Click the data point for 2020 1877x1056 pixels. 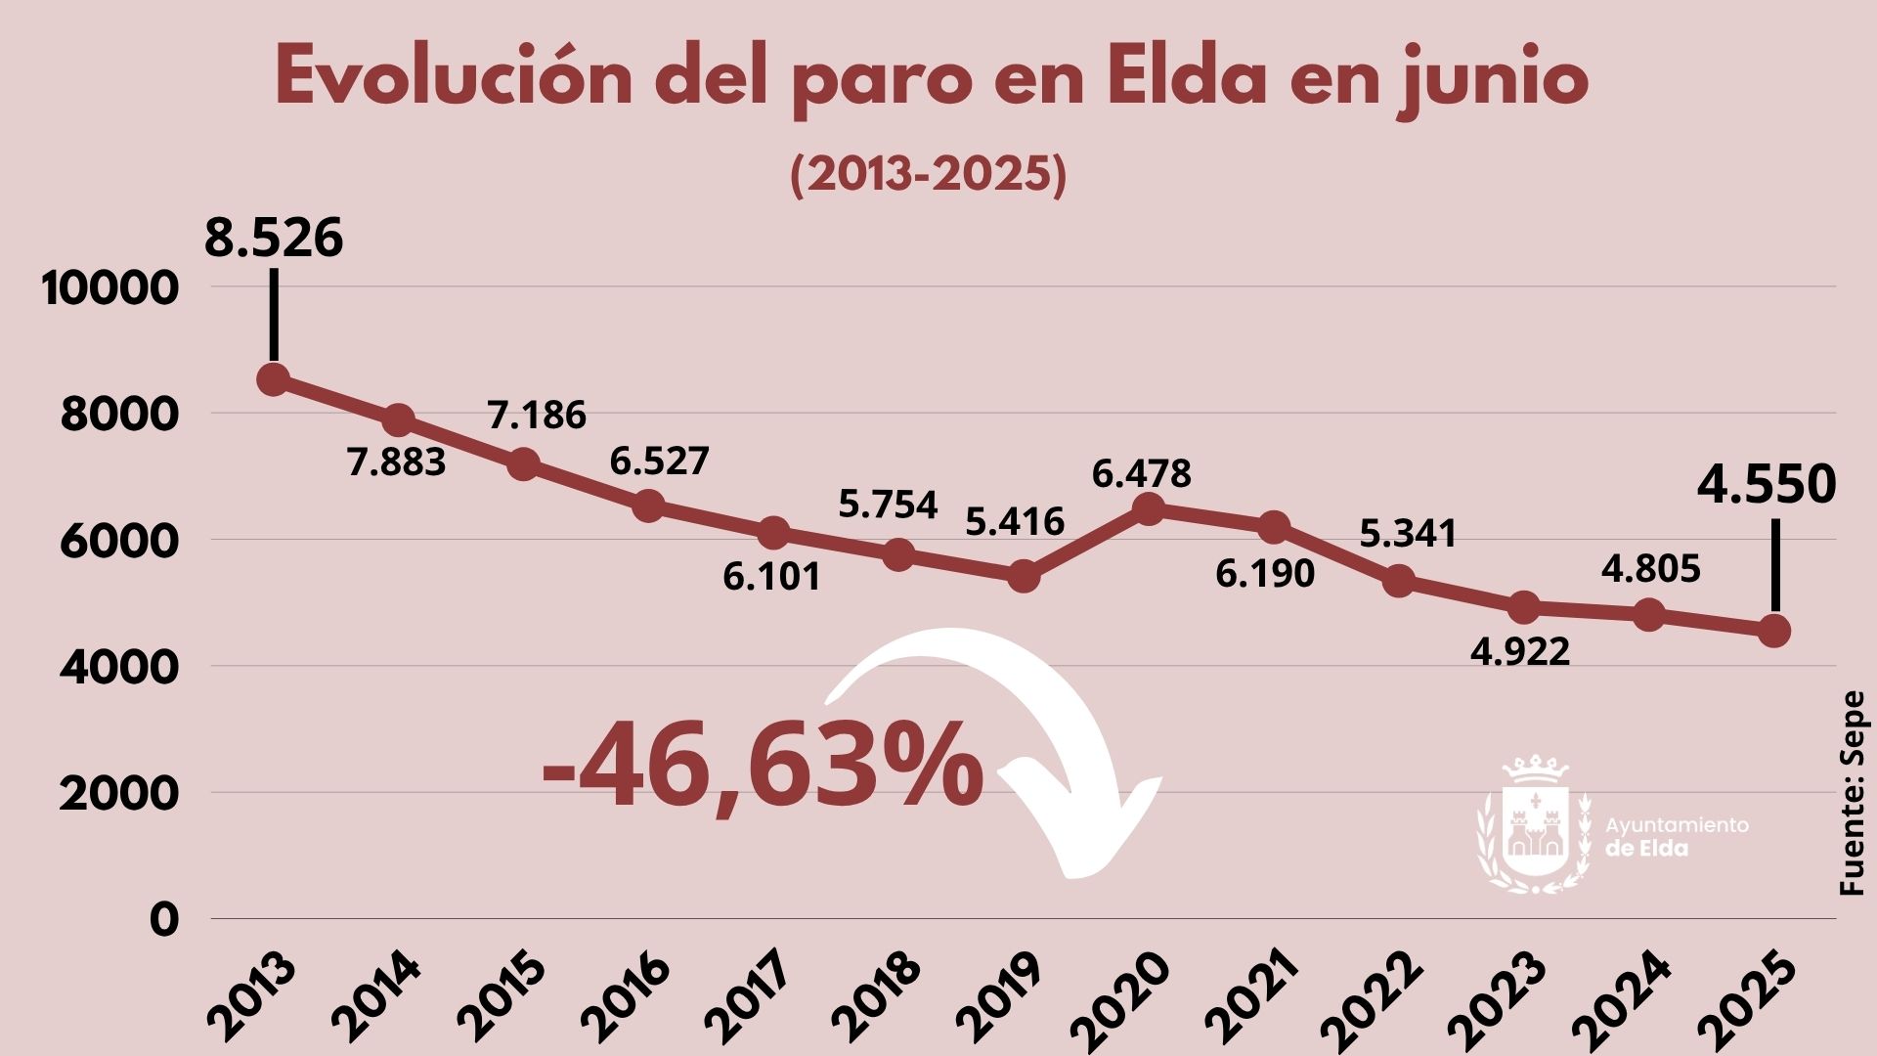[x=1149, y=508]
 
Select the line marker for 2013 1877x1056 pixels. [x=274, y=379]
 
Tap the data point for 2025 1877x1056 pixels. [x=1773, y=631]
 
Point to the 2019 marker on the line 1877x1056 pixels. [x=1024, y=576]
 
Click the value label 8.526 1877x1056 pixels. [x=274, y=239]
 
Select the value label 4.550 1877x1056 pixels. [x=1767, y=486]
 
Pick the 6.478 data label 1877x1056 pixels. [x=1141, y=474]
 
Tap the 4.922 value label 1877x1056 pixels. [x=1520, y=651]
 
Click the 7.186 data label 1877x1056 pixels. [x=537, y=416]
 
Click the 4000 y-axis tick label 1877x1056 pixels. [x=119, y=668]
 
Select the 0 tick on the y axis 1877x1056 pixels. [x=164, y=920]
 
